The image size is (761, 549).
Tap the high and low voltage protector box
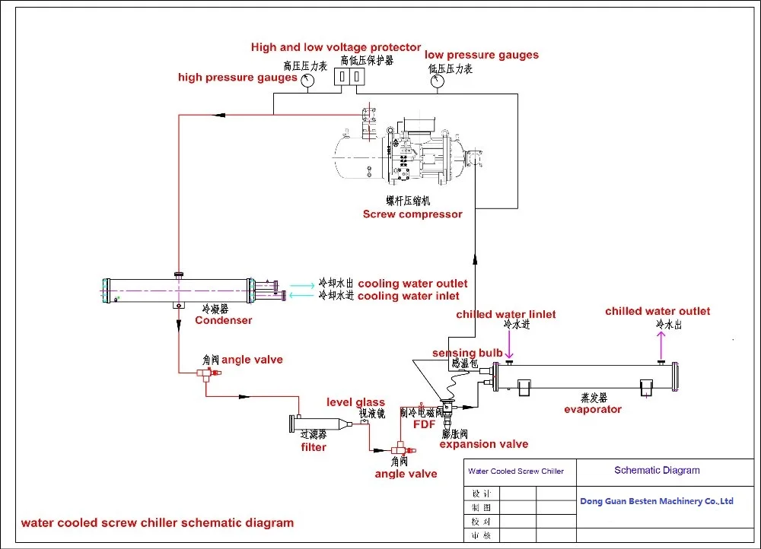pos(350,78)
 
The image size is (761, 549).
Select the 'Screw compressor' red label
pos(412,214)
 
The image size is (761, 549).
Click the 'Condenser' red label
pos(223,320)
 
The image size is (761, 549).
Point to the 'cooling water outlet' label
pos(412,284)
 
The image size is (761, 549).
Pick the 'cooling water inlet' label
pos(409,296)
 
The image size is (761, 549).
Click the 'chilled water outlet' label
pos(658,311)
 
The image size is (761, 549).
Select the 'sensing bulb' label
pos(467,353)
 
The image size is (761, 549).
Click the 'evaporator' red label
pos(593,409)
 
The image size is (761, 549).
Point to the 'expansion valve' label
pos(484,444)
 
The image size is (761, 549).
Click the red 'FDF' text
pos(424,424)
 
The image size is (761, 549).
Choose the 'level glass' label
pos(356,402)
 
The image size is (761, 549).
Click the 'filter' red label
pos(314,447)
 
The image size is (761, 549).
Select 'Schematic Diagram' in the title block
pos(657,470)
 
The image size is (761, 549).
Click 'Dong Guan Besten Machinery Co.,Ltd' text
pos(657,501)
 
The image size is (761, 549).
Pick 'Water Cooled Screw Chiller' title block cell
pos(516,471)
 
